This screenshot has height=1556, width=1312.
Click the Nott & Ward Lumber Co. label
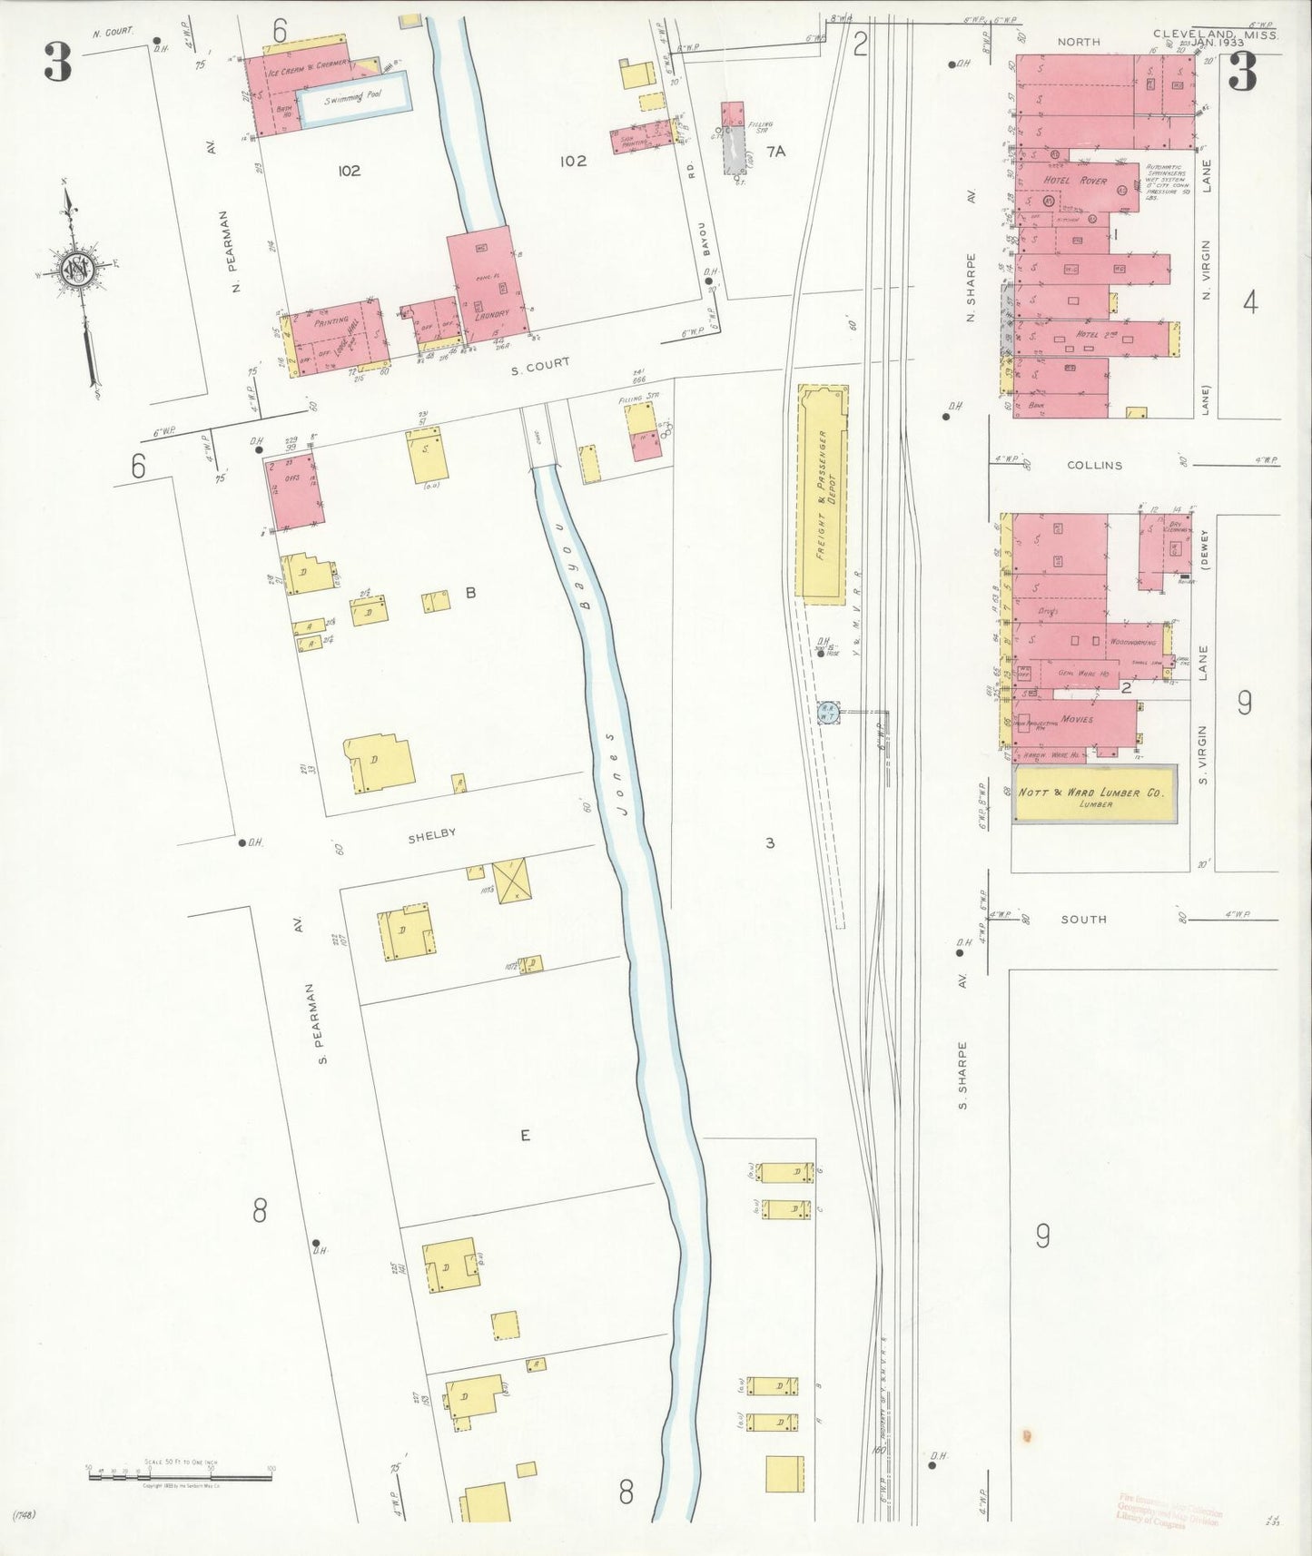1090,793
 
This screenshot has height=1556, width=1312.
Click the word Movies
1077,719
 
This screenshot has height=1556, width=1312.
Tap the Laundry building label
491,316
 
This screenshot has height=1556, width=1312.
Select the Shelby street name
431,834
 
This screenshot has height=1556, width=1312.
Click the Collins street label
1094,465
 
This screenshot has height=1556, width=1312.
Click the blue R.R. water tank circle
827,712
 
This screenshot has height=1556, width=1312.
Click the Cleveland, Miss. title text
1216,34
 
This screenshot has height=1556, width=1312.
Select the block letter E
525,1135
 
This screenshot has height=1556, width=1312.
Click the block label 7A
774,152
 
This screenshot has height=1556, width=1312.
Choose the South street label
1084,919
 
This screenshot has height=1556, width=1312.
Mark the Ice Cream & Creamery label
307,64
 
